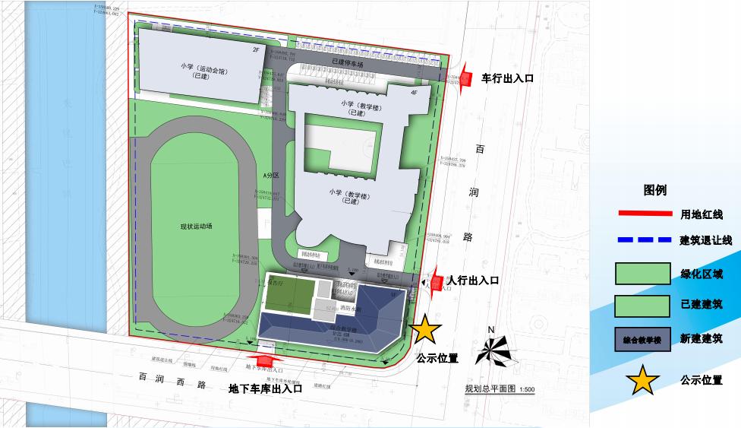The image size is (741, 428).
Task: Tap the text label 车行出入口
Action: [509, 78]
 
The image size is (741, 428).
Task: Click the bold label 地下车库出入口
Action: [266, 388]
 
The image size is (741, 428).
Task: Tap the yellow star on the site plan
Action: [426, 329]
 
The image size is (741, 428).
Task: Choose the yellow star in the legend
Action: [643, 379]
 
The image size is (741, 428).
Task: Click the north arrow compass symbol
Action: [492, 349]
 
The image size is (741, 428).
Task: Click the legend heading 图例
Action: [655, 190]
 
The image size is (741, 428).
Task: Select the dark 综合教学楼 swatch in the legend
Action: [642, 338]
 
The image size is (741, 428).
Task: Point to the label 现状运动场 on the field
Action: [196, 227]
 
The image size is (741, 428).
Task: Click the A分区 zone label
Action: [271, 176]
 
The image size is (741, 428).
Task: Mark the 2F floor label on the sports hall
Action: [256, 49]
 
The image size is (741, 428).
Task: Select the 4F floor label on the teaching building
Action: [414, 92]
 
